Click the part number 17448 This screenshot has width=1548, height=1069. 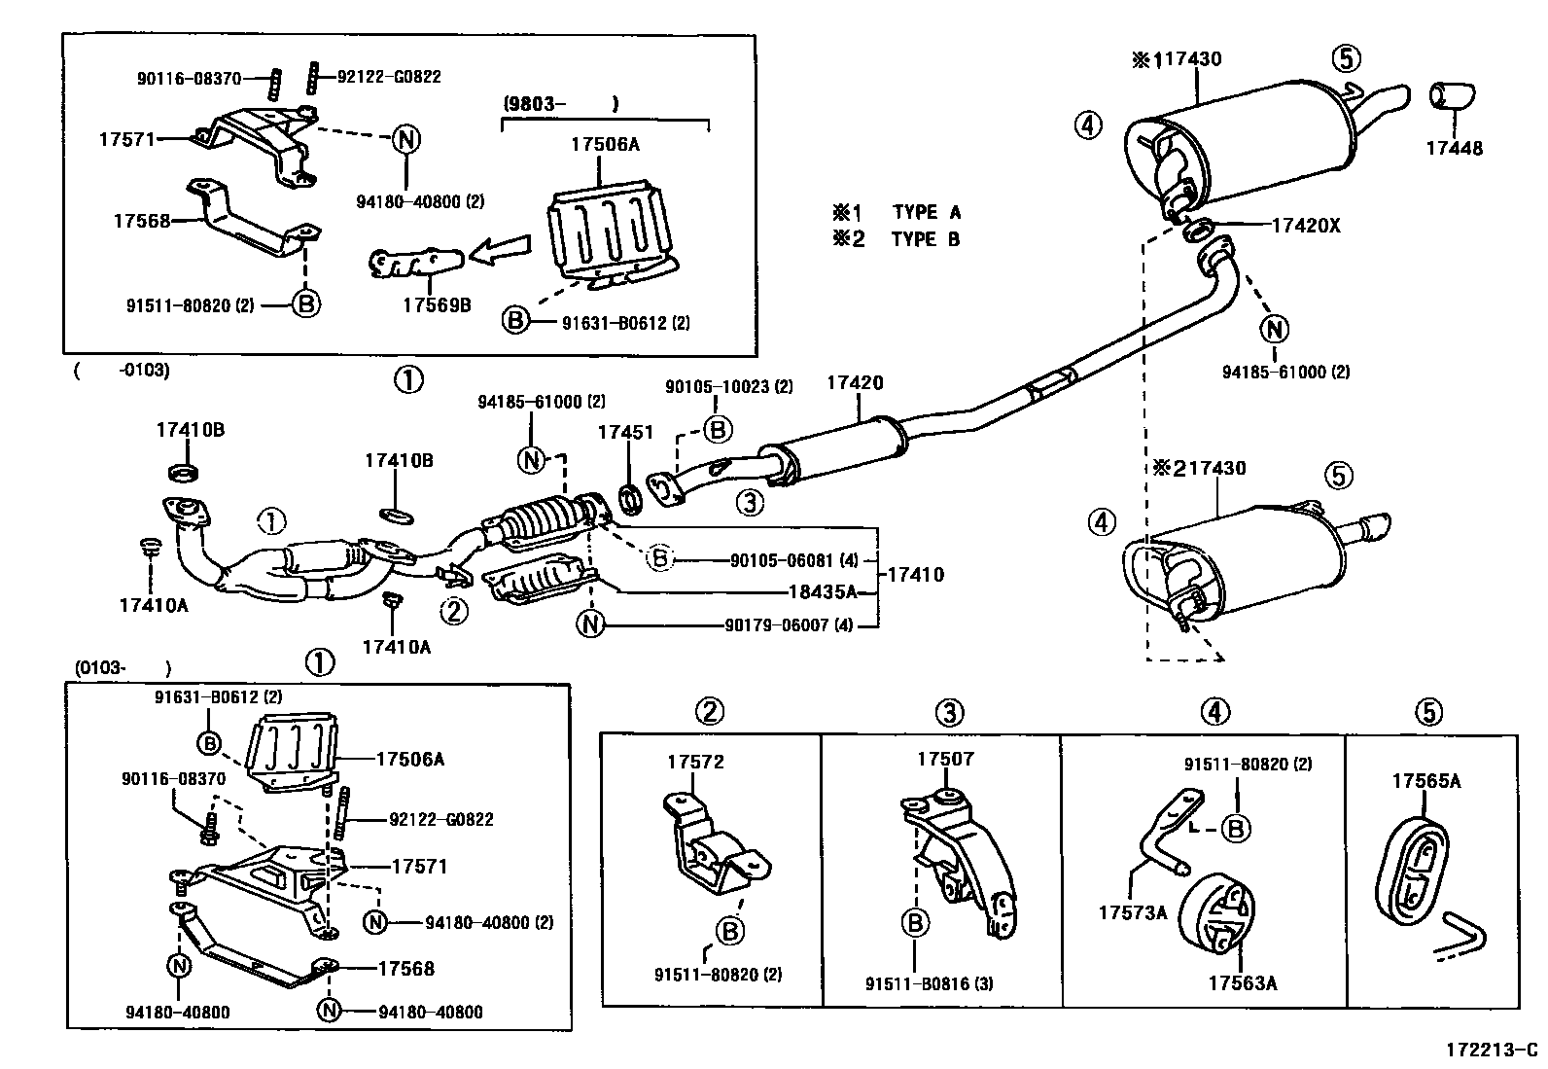(x=1454, y=149)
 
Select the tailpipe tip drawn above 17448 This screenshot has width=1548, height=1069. (x=1451, y=97)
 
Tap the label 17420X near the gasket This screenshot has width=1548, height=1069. (x=1306, y=226)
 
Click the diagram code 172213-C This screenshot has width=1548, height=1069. (x=1491, y=1051)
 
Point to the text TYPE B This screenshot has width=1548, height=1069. (x=925, y=239)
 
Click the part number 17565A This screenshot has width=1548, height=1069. (x=1425, y=780)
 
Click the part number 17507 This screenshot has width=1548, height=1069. (x=945, y=759)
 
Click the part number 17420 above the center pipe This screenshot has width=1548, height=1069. (x=855, y=383)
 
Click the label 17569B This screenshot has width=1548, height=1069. (x=437, y=304)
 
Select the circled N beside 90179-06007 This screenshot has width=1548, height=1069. (x=590, y=624)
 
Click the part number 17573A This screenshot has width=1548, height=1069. (x=1132, y=912)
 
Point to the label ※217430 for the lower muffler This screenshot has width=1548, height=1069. (x=1200, y=468)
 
